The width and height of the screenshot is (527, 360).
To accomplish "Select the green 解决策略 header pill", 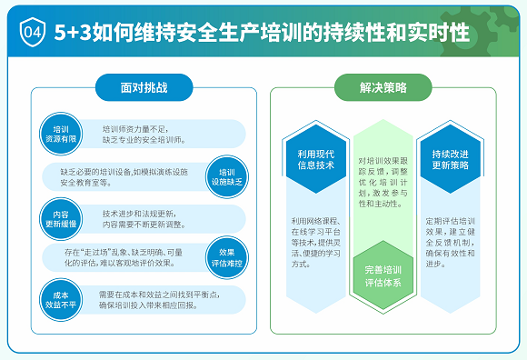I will click(x=383, y=88).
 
